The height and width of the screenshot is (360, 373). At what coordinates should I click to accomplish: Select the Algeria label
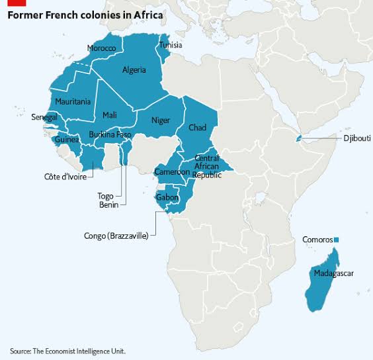[134, 69]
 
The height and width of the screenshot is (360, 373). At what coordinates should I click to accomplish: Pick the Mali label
[109, 115]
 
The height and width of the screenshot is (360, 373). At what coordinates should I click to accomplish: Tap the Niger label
[161, 120]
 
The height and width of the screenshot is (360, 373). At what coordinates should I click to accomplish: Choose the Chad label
[197, 127]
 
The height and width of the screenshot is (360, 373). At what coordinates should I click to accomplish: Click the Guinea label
[67, 140]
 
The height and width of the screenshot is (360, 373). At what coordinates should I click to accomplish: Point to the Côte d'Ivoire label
[65, 177]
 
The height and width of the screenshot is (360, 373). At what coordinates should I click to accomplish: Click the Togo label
[106, 196]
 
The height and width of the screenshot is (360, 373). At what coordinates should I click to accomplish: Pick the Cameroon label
[172, 171]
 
